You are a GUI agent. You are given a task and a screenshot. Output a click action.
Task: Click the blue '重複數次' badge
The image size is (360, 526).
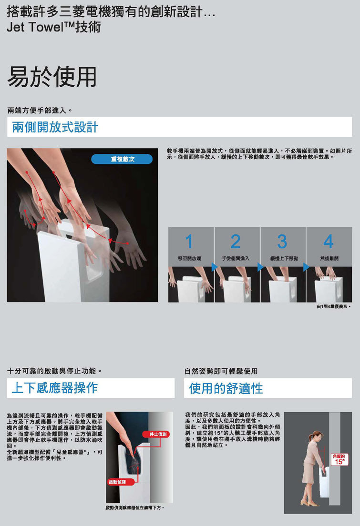(122, 159)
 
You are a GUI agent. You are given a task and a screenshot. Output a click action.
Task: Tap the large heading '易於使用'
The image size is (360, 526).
(52, 77)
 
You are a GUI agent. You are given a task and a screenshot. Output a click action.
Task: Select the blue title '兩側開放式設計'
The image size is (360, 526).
(55, 127)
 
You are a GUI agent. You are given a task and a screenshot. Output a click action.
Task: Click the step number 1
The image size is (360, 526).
(189, 241)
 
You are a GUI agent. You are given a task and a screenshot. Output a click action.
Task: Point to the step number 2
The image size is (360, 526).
(236, 241)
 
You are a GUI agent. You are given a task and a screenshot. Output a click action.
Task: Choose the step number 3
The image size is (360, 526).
(282, 241)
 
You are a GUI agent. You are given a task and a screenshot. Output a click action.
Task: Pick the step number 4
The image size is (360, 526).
(329, 241)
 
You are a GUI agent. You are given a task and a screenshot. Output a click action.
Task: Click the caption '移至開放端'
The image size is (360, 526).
(190, 258)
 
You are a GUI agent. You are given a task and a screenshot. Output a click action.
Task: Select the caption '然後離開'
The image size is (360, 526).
(329, 258)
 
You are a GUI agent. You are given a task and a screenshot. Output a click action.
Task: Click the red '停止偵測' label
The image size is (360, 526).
(158, 435)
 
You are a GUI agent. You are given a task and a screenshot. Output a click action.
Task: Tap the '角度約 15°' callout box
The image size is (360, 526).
(339, 460)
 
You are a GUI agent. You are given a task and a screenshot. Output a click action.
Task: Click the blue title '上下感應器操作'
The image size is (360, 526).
(55, 388)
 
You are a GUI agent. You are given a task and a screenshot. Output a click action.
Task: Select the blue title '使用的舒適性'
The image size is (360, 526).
(226, 388)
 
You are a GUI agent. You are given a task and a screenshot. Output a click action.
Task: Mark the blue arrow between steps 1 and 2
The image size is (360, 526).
(215, 267)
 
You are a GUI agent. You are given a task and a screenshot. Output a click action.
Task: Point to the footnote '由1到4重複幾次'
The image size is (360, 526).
(333, 307)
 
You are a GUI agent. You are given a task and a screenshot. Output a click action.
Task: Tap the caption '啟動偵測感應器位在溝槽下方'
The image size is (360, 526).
(134, 508)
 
